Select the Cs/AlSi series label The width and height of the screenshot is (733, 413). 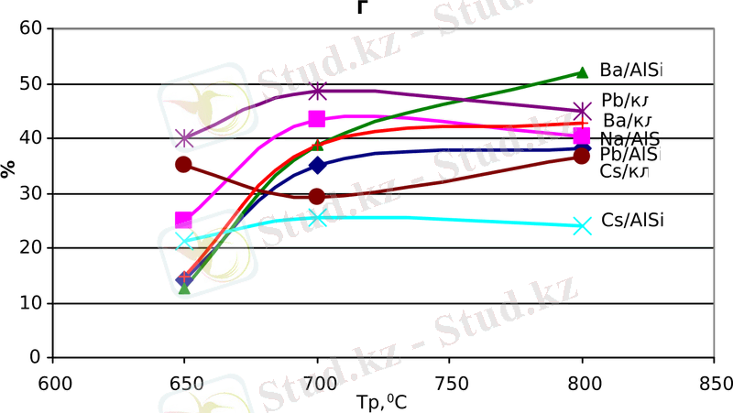[x=632, y=220]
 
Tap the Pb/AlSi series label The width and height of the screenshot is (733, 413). [x=631, y=155]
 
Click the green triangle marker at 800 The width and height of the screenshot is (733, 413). [x=581, y=72]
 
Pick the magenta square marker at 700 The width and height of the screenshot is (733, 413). [x=317, y=119]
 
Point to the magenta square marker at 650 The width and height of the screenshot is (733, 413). [x=184, y=220]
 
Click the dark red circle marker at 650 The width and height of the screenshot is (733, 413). [x=184, y=165]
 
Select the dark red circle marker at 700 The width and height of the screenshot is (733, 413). [x=317, y=196]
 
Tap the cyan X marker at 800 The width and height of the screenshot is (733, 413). [x=581, y=225]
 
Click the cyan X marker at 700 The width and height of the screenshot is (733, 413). [x=317, y=218]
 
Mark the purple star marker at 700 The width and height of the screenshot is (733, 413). [x=317, y=92]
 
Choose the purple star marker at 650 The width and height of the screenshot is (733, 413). [x=184, y=138]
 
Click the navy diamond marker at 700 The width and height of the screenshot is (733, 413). [x=317, y=165]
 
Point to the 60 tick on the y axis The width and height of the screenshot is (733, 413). [x=33, y=28]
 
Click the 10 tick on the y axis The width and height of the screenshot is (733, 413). [x=33, y=303]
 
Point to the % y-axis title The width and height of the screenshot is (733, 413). [x=9, y=168]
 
